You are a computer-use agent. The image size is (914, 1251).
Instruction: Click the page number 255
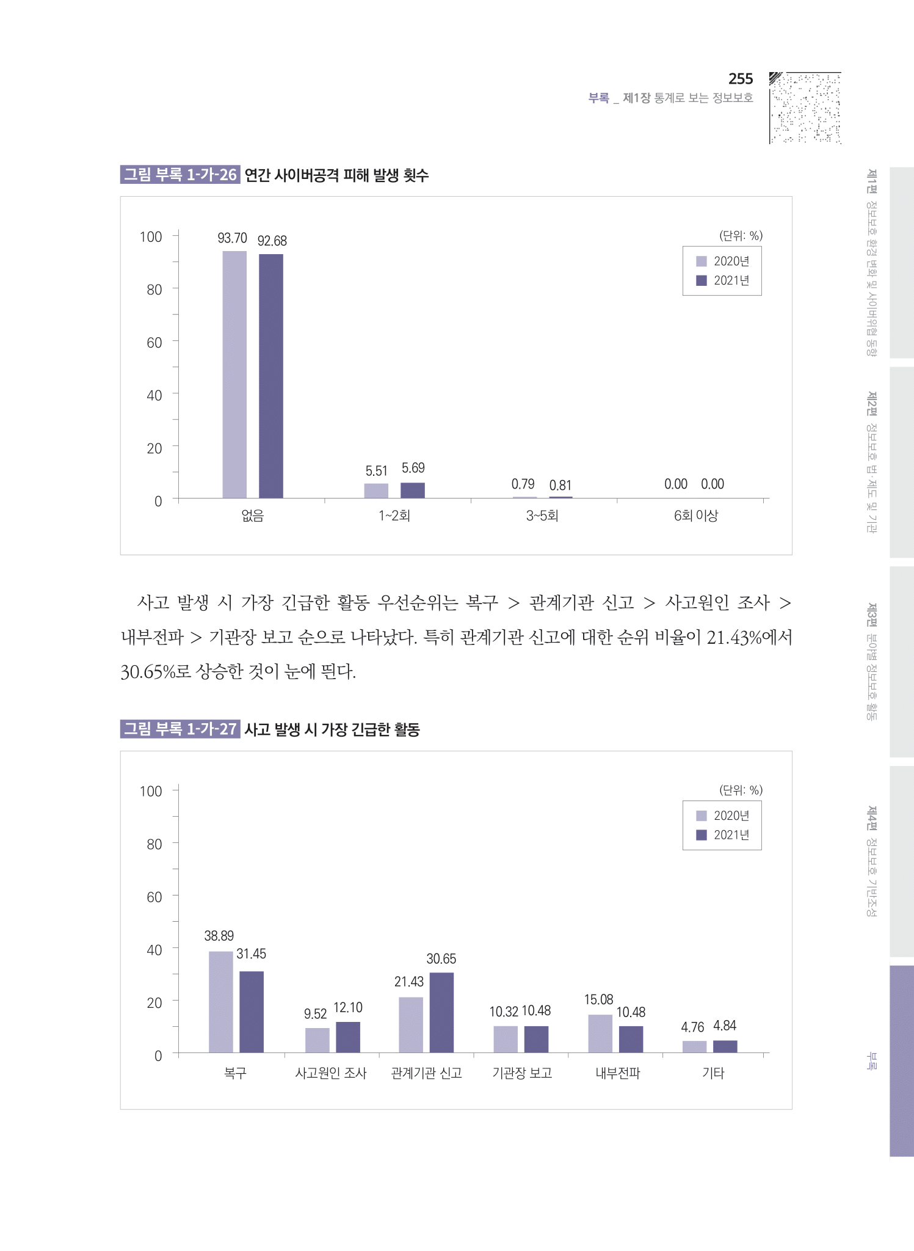[x=740, y=79]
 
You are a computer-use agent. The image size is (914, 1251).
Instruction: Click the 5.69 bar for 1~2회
[x=413, y=490]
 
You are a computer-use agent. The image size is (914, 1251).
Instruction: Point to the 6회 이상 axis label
[x=695, y=516]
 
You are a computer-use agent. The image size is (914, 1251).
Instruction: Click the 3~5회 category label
[x=542, y=516]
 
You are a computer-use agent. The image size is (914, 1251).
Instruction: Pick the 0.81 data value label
[x=560, y=486]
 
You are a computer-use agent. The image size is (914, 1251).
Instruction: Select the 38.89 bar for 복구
[x=220, y=1002]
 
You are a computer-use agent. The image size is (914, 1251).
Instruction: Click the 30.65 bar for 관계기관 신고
[x=441, y=1012]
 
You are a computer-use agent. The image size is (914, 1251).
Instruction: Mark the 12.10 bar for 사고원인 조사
[x=348, y=1037]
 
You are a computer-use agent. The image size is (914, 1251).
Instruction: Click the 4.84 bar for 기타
[x=725, y=1046]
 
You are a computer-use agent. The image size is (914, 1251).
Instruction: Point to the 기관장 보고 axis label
[x=522, y=1073]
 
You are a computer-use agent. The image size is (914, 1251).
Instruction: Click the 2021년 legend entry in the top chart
[x=724, y=280]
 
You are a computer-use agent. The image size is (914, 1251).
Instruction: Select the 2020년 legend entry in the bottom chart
[x=724, y=815]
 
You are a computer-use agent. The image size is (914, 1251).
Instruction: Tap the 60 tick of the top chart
[x=154, y=343]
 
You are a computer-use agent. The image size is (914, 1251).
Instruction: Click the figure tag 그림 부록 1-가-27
[x=180, y=729]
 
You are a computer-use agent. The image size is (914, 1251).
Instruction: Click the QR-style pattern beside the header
[x=805, y=108]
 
